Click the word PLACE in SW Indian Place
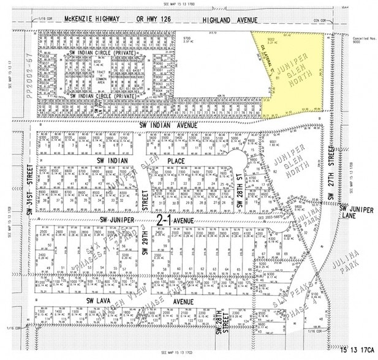[176, 160]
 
